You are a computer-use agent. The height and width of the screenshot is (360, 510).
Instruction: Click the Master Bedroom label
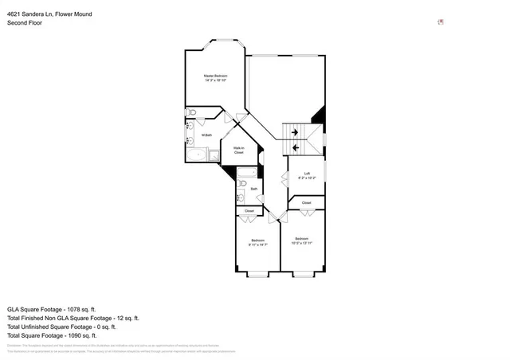point(215,76)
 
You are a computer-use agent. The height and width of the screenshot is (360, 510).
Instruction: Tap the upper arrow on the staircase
point(296,132)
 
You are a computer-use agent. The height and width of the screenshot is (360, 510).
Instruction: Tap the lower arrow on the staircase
point(296,147)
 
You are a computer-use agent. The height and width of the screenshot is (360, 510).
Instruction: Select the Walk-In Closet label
point(238,150)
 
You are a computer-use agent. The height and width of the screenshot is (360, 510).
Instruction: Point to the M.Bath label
point(206,135)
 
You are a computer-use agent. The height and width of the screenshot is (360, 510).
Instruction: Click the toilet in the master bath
point(190,113)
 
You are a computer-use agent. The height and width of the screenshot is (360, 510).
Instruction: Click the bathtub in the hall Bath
point(246,173)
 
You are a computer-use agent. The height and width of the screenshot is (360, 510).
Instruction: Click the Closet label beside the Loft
point(306,203)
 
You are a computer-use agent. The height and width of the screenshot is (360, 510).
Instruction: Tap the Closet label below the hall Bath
point(249,210)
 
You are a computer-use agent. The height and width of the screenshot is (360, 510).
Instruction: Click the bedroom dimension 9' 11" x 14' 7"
point(257,245)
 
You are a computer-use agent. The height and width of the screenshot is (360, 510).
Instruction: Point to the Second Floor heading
point(24,23)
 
